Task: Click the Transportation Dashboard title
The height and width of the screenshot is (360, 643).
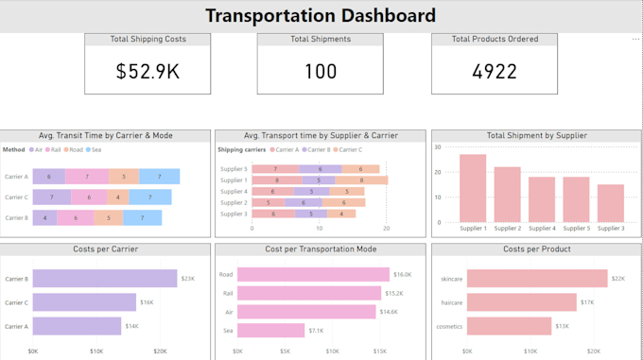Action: tap(321, 16)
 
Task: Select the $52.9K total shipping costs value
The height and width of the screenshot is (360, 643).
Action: tap(148, 72)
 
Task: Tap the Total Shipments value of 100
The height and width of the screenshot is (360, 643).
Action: tap(321, 72)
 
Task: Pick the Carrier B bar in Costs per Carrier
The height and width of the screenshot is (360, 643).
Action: tap(105, 278)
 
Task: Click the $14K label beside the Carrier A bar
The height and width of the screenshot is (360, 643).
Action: tap(131, 326)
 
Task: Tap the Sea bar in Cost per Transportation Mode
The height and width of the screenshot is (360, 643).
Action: tap(270, 331)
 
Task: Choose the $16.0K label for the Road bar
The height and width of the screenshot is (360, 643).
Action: tap(403, 275)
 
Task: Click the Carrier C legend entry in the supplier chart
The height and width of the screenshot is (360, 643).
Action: tap(348, 149)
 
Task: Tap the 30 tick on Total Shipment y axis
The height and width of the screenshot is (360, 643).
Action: tap(438, 147)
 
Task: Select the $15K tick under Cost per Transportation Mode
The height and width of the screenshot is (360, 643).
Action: tap(380, 351)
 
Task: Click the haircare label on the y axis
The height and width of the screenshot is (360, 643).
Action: tap(451, 302)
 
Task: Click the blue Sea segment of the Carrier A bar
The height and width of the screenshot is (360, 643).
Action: tap(160, 177)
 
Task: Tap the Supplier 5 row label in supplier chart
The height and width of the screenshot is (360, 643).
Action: tap(234, 169)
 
